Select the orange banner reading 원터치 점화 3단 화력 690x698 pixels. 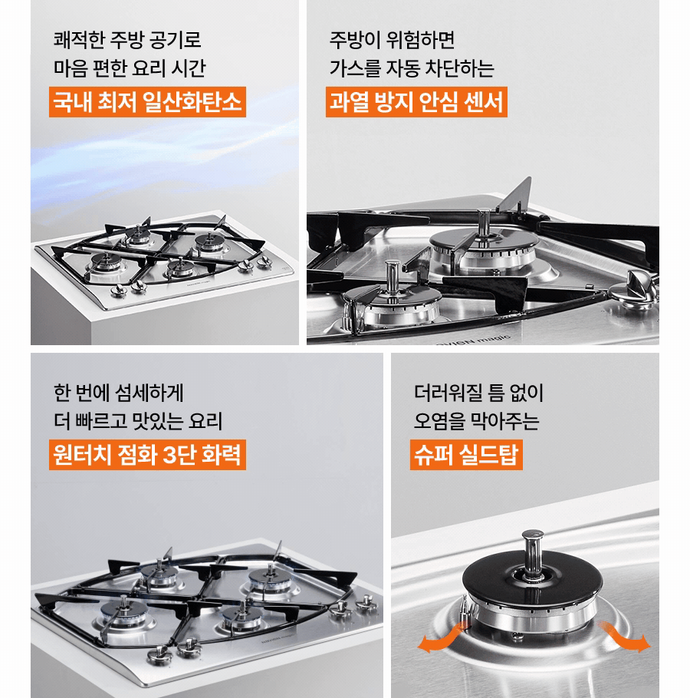tap(147, 454)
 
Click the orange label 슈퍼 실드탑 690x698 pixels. tap(465, 454)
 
